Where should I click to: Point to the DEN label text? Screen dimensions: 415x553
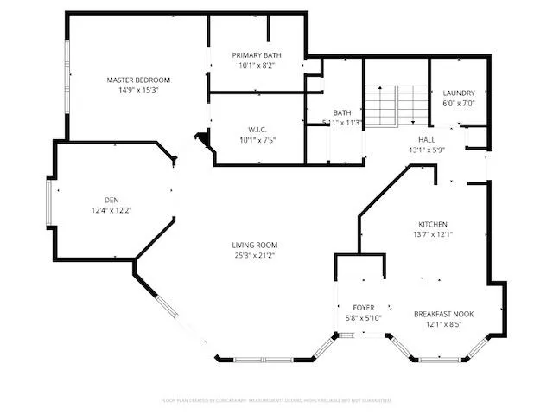coord(111,199)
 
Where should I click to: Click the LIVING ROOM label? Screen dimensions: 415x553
coord(254,245)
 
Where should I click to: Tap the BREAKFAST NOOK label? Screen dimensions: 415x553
coord(443,314)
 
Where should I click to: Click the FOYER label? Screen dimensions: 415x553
coord(363,308)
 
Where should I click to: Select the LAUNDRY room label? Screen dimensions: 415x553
coord(458,93)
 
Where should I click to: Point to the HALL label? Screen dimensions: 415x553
coord(427,139)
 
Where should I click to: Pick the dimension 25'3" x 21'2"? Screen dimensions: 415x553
coord(254,255)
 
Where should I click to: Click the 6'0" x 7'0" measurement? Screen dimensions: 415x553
coord(458,104)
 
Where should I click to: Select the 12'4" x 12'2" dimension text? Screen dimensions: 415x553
coord(111,209)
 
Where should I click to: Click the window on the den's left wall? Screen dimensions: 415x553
coord(49,200)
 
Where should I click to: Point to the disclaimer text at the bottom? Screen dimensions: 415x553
coord(276,400)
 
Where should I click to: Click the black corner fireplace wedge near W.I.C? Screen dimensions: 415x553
coord(204,139)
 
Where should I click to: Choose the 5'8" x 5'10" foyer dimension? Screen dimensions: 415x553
coord(363,318)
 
